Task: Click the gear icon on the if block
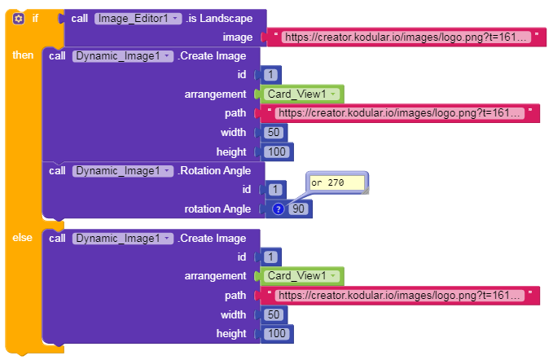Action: (19, 18)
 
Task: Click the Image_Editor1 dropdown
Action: (138, 18)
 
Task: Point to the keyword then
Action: (23, 55)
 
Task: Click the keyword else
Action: (22, 237)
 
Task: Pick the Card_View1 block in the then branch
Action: (297, 94)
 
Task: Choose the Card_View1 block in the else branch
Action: (297, 276)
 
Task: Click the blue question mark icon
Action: (277, 209)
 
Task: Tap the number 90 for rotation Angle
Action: (298, 209)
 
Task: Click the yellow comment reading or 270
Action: (337, 183)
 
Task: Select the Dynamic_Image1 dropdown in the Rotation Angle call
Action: (123, 170)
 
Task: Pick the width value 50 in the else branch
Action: (273, 314)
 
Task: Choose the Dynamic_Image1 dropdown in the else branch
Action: (123, 238)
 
